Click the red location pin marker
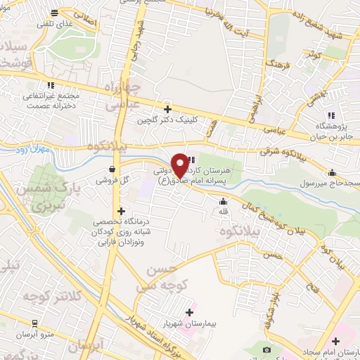point(180,165)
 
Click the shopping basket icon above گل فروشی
point(112,169)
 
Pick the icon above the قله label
point(224,202)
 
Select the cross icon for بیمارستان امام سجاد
point(318,340)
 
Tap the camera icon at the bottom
point(266,349)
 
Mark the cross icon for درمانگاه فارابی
point(121,210)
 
